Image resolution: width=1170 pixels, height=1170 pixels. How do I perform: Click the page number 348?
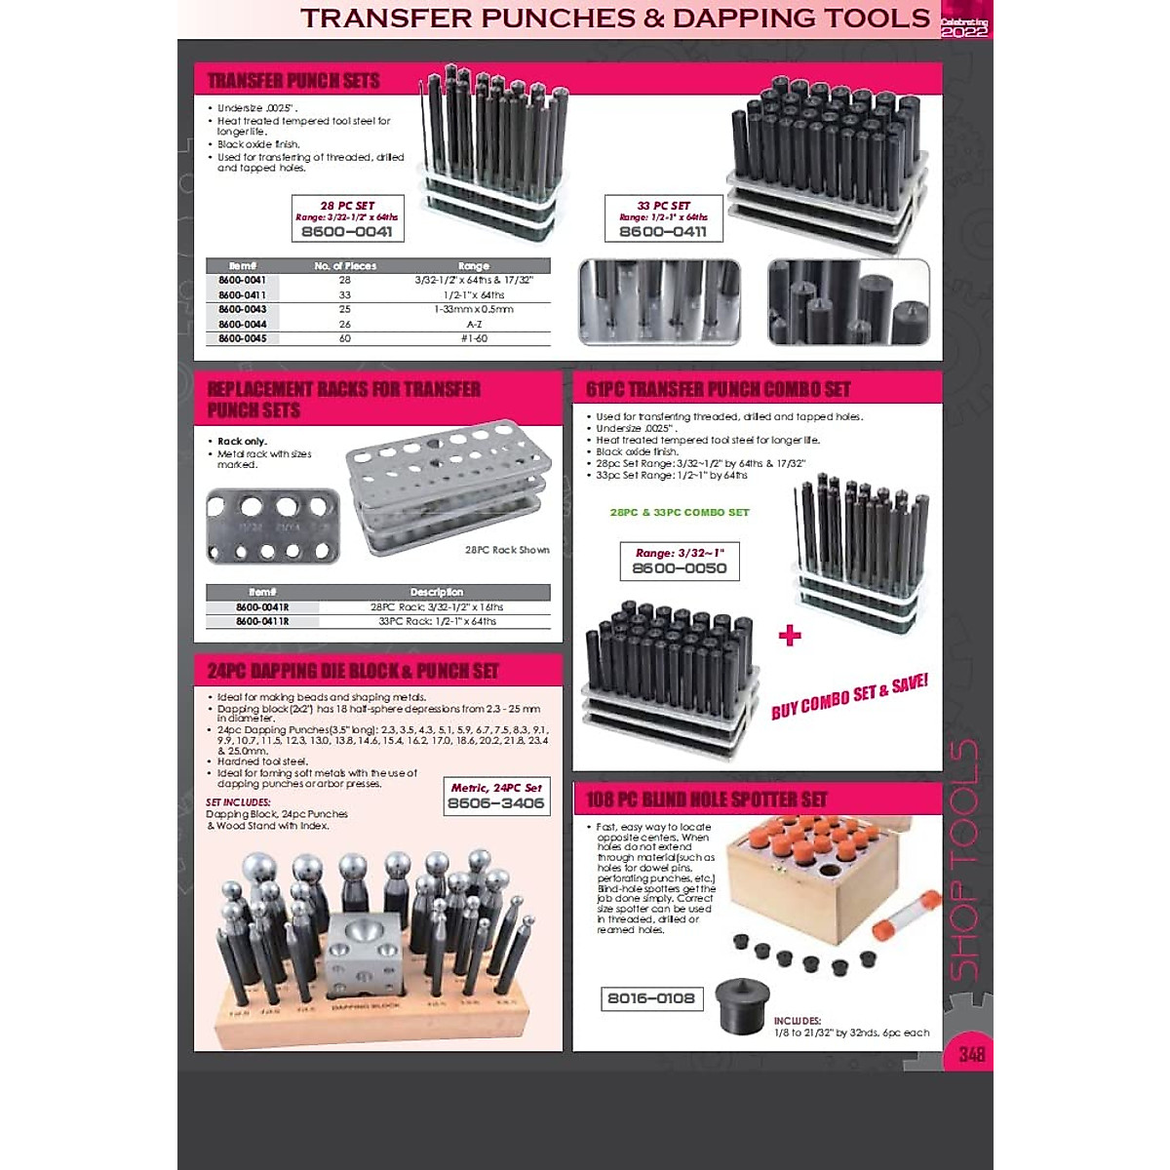(971, 1054)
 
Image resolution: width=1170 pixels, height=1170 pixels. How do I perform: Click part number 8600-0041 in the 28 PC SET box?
(347, 232)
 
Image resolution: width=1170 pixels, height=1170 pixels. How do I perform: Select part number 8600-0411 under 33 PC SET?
(663, 232)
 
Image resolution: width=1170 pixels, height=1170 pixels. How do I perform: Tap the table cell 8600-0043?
(242, 309)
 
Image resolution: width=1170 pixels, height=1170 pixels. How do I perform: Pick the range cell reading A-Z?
(474, 324)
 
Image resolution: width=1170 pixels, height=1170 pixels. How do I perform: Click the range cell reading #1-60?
(474, 338)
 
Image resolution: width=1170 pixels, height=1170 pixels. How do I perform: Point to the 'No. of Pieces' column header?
(345, 265)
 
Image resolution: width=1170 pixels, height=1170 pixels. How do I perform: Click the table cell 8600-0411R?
(261, 621)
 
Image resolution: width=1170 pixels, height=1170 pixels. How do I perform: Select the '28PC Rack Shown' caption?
(507, 550)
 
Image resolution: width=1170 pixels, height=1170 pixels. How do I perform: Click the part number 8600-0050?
(680, 568)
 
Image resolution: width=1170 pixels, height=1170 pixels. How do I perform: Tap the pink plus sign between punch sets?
(790, 636)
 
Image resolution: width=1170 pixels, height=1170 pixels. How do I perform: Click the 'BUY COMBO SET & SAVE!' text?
(849, 696)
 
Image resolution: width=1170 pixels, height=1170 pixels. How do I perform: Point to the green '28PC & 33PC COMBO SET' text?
(680, 512)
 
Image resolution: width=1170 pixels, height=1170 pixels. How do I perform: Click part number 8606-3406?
(495, 803)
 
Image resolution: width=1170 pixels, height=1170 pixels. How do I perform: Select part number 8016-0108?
(651, 998)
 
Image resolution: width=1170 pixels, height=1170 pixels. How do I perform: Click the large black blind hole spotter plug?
(742, 1005)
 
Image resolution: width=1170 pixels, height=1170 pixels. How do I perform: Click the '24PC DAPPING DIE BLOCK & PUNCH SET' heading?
(353, 671)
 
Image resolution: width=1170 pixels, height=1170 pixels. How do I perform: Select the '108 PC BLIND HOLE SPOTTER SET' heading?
(707, 799)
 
